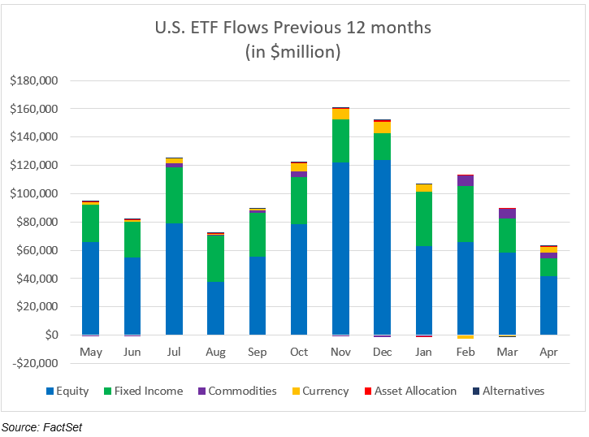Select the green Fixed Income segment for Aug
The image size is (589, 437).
[215, 258]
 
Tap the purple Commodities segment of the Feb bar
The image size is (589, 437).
[465, 180]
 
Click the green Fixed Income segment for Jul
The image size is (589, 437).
[174, 195]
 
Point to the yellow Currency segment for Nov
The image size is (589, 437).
[340, 114]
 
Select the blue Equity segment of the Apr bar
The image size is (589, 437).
[548, 305]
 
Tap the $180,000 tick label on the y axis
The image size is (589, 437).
[34, 80]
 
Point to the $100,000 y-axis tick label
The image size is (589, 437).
[34, 193]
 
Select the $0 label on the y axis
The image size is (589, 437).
[50, 335]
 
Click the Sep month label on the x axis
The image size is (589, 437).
[257, 353]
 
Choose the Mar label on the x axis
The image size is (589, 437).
[507, 353]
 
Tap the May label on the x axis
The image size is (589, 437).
[90, 353]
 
